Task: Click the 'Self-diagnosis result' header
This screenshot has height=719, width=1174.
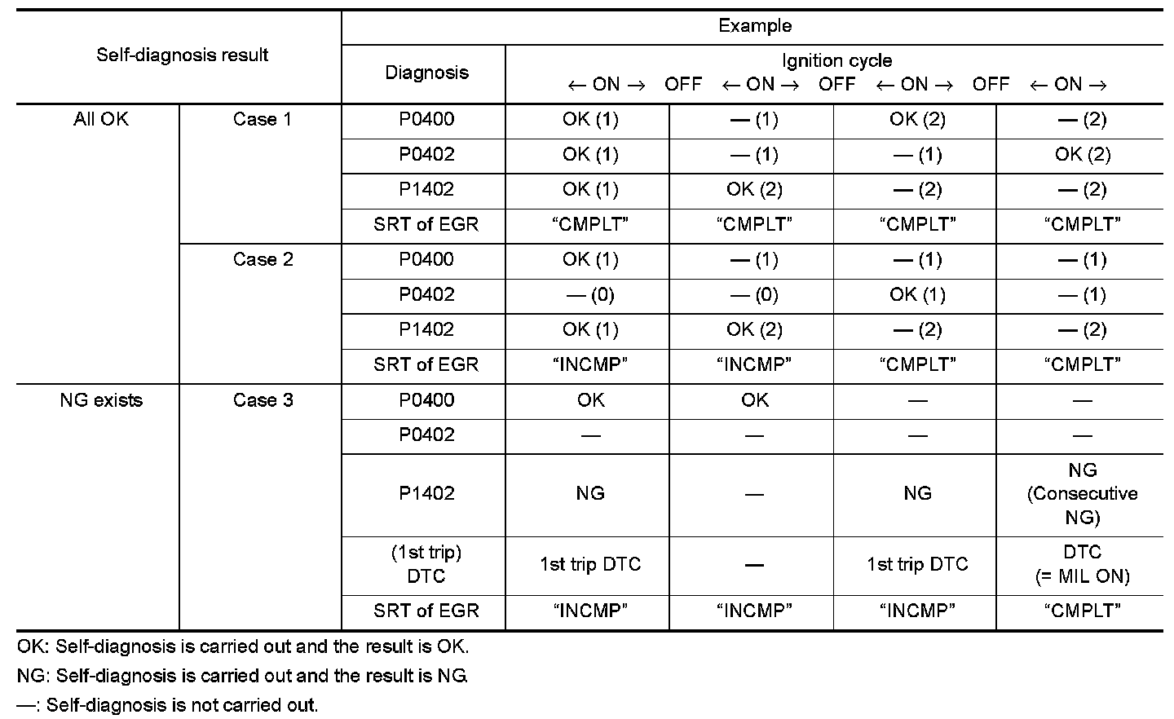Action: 182,55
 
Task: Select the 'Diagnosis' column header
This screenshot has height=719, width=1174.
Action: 426,73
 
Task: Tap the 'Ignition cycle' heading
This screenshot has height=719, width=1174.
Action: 836,60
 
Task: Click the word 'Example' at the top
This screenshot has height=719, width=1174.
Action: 754,26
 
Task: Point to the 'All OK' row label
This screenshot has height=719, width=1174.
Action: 101,120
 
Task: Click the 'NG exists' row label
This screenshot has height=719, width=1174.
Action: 101,400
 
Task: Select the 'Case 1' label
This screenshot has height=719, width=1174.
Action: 262,120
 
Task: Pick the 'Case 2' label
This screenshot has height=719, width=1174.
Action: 262,260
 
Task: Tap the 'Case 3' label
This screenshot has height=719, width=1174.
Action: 262,400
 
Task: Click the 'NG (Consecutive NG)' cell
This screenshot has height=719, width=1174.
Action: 1082,493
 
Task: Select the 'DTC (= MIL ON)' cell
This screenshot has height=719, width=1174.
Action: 1082,564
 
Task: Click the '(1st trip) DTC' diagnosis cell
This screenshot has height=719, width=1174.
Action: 426,564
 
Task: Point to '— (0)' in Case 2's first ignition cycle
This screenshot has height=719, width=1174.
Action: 590,295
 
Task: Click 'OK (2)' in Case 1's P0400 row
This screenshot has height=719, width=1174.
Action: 917,120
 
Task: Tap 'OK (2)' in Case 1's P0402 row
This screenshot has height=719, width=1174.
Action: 1082,155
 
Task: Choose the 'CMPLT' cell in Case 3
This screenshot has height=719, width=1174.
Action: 1082,611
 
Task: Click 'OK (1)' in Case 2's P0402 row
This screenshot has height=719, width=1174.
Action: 917,295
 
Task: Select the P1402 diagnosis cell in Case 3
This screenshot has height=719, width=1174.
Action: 426,493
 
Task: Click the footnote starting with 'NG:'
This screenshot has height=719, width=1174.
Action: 242,676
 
